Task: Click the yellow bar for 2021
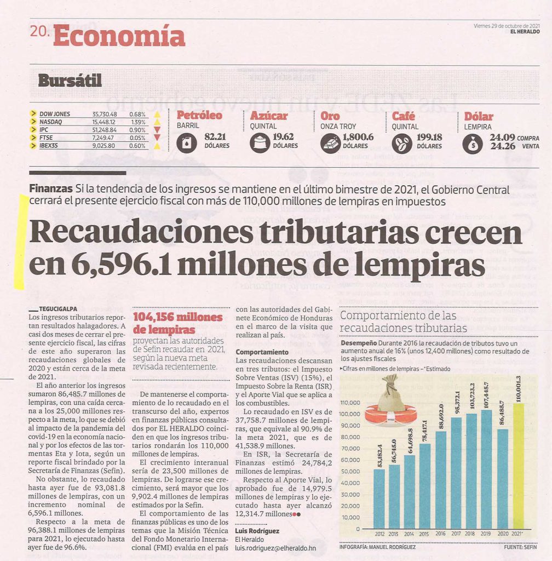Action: coord(519,466)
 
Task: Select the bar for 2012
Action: coord(379,499)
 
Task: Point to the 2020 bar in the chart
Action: coord(503,479)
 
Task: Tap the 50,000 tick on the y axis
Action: coord(350,471)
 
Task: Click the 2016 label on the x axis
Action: coord(440,534)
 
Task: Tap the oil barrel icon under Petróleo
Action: coord(186,143)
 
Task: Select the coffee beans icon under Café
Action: coord(402,143)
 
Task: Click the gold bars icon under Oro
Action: coord(330,143)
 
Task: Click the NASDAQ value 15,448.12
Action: coord(104,122)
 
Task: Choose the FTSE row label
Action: coord(46,138)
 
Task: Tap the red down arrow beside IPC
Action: coord(157,129)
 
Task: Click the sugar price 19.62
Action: coord(283,136)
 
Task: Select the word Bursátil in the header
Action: coord(70,80)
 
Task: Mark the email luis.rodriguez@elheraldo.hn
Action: coord(275,548)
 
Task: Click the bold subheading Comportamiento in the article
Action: coord(262,352)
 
